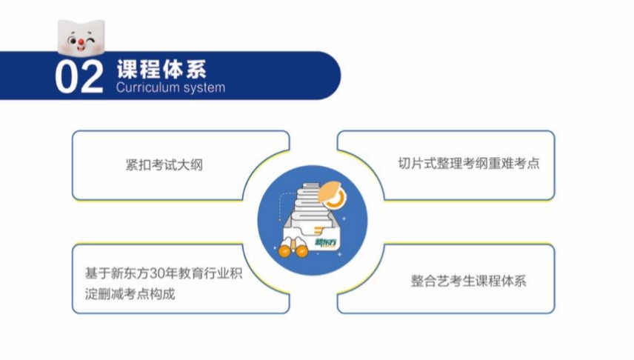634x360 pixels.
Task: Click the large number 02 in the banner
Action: click(x=79, y=77)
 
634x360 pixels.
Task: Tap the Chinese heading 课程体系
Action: click(x=162, y=69)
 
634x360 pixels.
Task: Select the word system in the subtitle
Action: click(x=204, y=87)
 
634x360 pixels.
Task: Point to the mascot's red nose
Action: click(x=81, y=41)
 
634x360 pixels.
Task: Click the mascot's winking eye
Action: click(x=91, y=41)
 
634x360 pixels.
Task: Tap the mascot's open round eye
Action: click(x=73, y=41)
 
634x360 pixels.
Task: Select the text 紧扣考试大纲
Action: click(x=164, y=165)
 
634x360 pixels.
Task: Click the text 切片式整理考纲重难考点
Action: click(x=469, y=164)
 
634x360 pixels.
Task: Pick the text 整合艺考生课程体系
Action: click(x=469, y=281)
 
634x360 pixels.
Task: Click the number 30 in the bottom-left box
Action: click(x=156, y=273)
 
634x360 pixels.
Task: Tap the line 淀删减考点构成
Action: click(x=130, y=294)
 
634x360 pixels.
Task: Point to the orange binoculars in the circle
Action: click(x=293, y=247)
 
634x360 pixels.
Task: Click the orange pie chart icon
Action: click(x=332, y=195)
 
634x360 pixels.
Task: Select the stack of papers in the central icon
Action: click(x=311, y=205)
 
